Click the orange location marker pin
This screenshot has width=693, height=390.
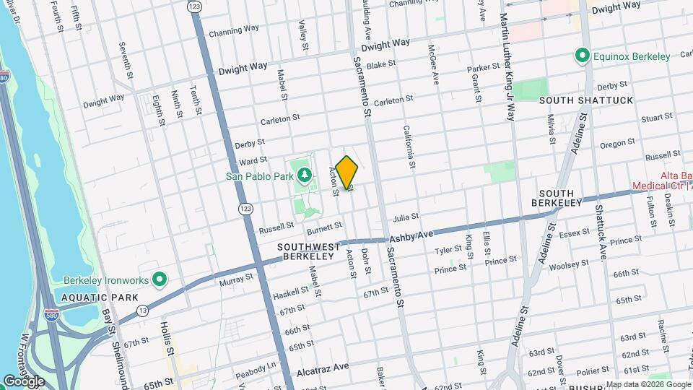347,173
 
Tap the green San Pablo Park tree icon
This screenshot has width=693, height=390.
305,175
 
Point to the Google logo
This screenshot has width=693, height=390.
24,381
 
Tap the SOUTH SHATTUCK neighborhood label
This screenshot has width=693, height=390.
585,100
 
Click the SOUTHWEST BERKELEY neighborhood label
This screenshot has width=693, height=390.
309,251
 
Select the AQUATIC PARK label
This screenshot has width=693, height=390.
89,298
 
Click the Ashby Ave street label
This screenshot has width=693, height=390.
411,236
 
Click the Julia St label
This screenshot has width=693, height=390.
406,217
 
